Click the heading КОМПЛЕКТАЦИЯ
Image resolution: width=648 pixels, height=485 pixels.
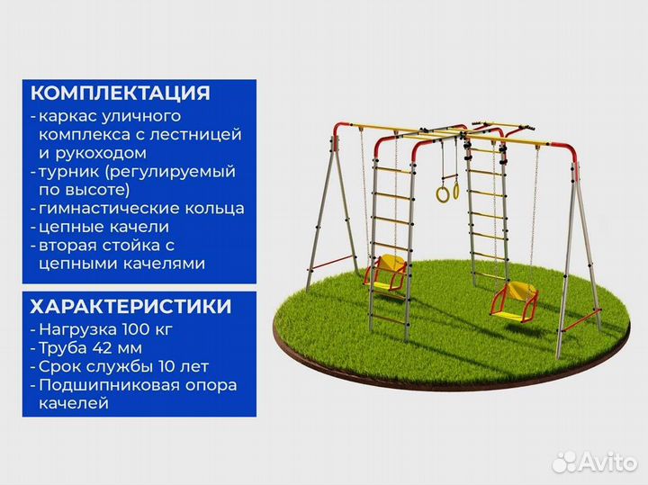(x=121, y=94)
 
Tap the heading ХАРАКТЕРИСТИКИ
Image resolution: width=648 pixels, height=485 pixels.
(x=130, y=306)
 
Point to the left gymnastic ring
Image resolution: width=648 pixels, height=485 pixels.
(x=442, y=193)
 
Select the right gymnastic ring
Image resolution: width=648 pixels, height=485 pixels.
(x=456, y=189)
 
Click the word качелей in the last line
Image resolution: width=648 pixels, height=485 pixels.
(x=73, y=404)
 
